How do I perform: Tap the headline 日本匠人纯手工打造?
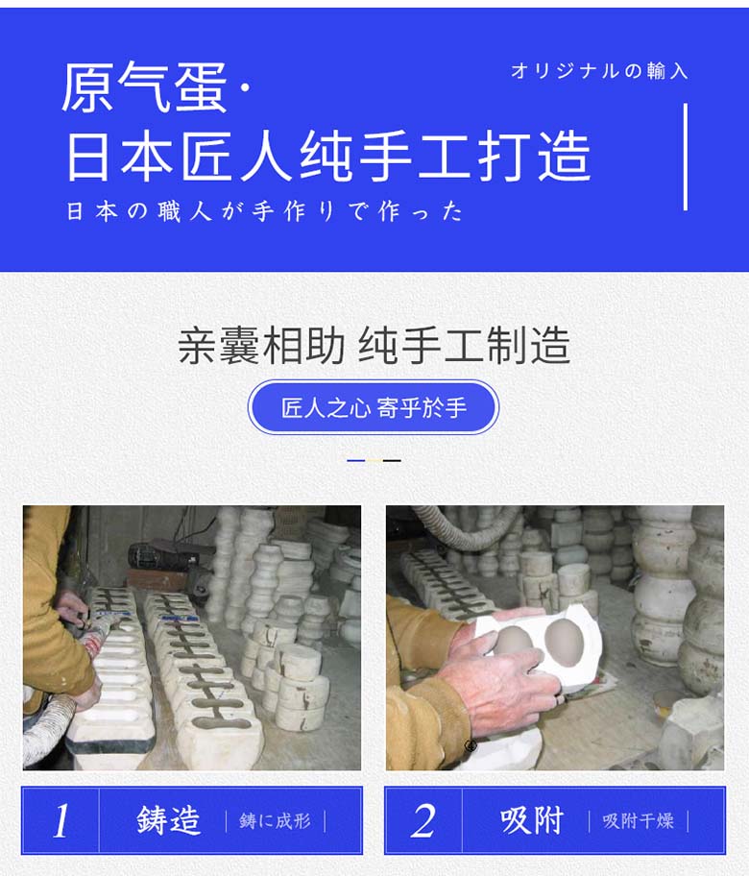[x=327, y=157]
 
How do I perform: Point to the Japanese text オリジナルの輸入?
[x=599, y=71]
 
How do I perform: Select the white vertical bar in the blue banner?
[x=685, y=157]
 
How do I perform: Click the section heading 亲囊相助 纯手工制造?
[x=374, y=346]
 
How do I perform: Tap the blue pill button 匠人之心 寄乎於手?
[x=374, y=407]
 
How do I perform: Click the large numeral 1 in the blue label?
[x=61, y=821]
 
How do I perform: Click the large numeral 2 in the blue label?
[x=423, y=821]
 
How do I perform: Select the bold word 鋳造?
[x=168, y=821]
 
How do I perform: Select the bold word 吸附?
[x=531, y=821]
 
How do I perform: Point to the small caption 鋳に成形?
[x=276, y=821]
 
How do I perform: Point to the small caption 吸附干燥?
[x=639, y=821]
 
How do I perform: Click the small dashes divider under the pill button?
[x=374, y=461]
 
